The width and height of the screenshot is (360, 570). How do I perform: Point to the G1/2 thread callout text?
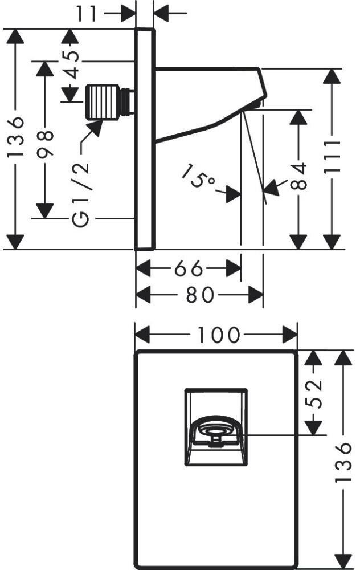pyautogui.click(x=80, y=189)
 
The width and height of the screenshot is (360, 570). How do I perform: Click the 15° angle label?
pyautogui.click(x=199, y=177)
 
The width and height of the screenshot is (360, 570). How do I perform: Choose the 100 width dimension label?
pyautogui.click(x=216, y=335)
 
